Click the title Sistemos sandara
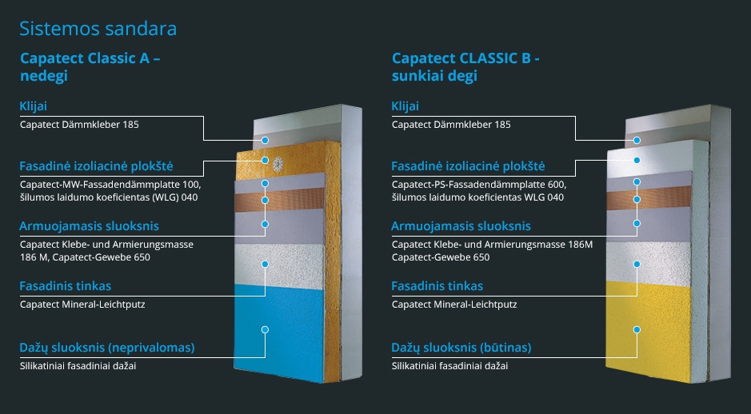click(98, 29)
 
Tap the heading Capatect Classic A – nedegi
click(90, 67)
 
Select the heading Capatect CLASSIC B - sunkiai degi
click(465, 67)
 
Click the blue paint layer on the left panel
click(279, 332)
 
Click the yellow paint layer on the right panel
click(649, 331)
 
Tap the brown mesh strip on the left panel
click(279, 200)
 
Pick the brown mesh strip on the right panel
click(649, 197)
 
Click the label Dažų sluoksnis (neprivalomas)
click(107, 348)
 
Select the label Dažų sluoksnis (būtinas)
click(461, 348)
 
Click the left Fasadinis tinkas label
click(65, 286)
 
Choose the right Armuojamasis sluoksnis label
click(461, 226)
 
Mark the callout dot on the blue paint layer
click(265, 330)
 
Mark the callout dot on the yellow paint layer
click(637, 330)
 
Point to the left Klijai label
click(33, 106)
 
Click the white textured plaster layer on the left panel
click(279, 265)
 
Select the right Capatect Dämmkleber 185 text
click(451, 125)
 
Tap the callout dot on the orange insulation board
click(265, 161)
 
